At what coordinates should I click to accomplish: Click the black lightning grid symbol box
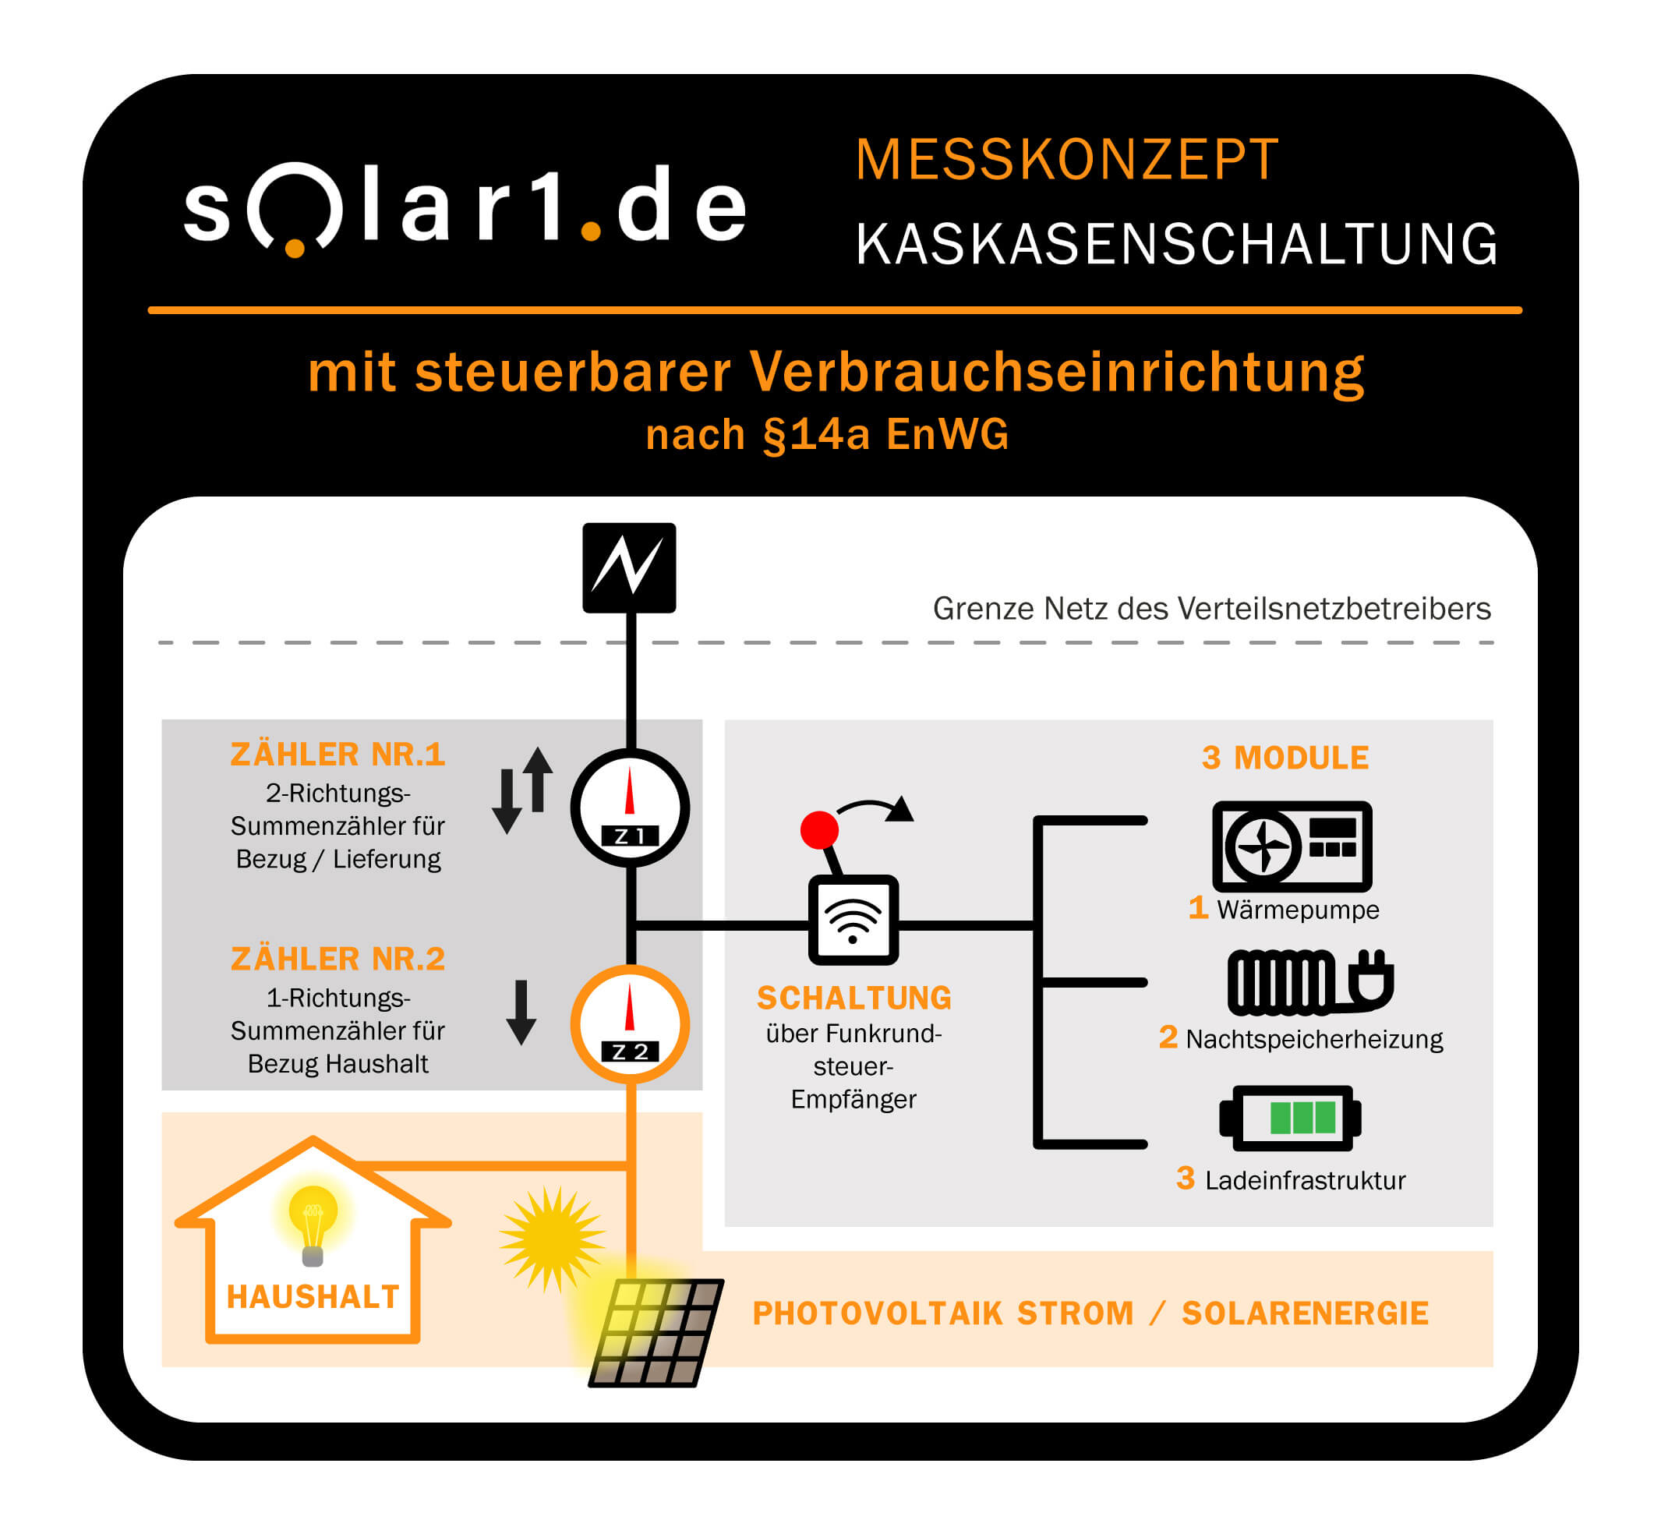pyautogui.click(x=628, y=567)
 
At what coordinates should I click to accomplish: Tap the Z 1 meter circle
pyautogui.click(x=629, y=808)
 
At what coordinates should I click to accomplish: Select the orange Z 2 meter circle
pyautogui.click(x=629, y=1023)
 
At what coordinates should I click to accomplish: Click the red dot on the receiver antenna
pyautogui.click(x=818, y=829)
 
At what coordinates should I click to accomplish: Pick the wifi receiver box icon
pyautogui.click(x=853, y=920)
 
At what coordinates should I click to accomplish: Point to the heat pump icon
pyautogui.click(x=1291, y=846)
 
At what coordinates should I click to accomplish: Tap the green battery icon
pyautogui.click(x=1289, y=1117)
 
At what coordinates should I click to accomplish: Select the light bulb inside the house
pyautogui.click(x=313, y=1223)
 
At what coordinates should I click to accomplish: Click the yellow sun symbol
pyautogui.click(x=551, y=1239)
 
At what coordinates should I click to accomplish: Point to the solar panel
pyautogui.click(x=656, y=1332)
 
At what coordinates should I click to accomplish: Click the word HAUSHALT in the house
pyautogui.click(x=313, y=1296)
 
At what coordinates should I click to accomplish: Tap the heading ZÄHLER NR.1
pyautogui.click(x=338, y=755)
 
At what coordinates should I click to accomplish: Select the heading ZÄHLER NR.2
pyautogui.click(x=338, y=959)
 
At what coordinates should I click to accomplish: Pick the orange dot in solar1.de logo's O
pyautogui.click(x=295, y=247)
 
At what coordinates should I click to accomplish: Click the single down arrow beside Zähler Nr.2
pyautogui.click(x=521, y=1012)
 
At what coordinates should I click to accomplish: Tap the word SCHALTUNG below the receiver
pyautogui.click(x=853, y=998)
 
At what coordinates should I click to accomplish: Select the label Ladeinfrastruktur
pyautogui.click(x=1305, y=1180)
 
